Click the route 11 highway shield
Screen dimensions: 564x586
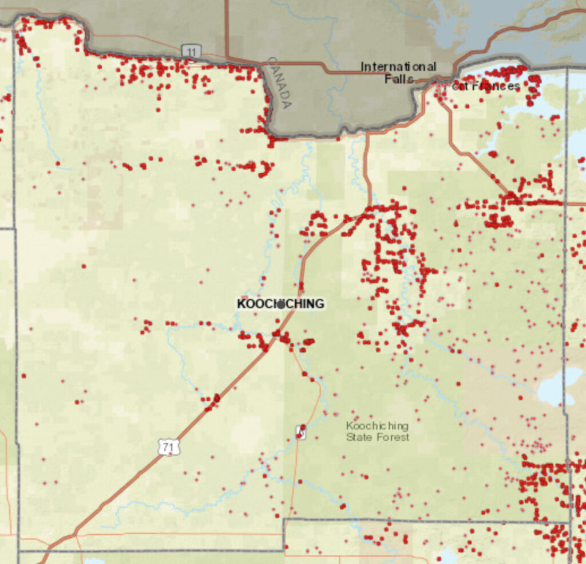191,51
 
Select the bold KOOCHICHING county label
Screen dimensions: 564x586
280,304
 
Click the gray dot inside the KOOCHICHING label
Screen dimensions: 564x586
280,304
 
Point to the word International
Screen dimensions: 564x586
398,67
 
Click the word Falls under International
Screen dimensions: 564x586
399,79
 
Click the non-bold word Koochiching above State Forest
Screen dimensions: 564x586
377,426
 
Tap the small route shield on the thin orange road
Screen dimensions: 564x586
300,431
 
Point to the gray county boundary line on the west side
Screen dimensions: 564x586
15,344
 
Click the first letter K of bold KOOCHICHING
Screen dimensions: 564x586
241,304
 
